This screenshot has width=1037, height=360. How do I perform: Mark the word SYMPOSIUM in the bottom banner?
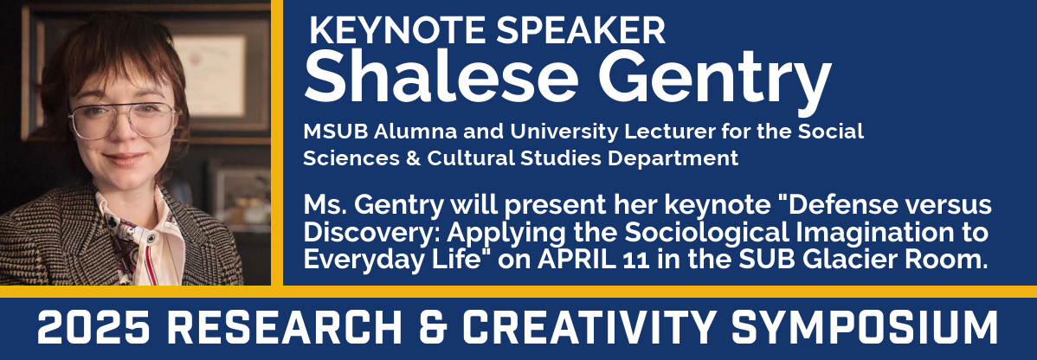pyautogui.click(x=866, y=328)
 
